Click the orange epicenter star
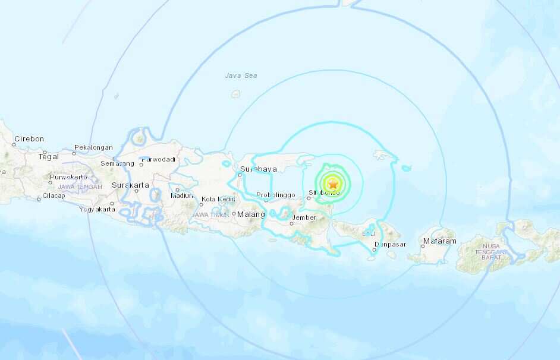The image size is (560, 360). [x=333, y=185]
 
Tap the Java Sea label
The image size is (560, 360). [x=241, y=75]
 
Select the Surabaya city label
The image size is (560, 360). [x=258, y=169]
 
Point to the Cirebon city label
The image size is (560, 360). [x=29, y=139]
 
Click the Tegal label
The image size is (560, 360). [x=49, y=157]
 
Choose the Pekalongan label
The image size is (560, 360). [x=93, y=147]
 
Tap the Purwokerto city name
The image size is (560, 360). [x=68, y=177]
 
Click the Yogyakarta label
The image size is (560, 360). [x=96, y=209]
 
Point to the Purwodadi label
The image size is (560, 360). [x=158, y=159]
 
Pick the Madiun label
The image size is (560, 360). [x=181, y=195]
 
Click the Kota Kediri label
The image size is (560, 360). [x=218, y=199]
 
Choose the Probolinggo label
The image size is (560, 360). [x=276, y=195]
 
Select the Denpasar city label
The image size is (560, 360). [x=390, y=244]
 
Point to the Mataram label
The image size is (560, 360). [x=440, y=241]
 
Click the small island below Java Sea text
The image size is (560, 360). [x=235, y=94]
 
